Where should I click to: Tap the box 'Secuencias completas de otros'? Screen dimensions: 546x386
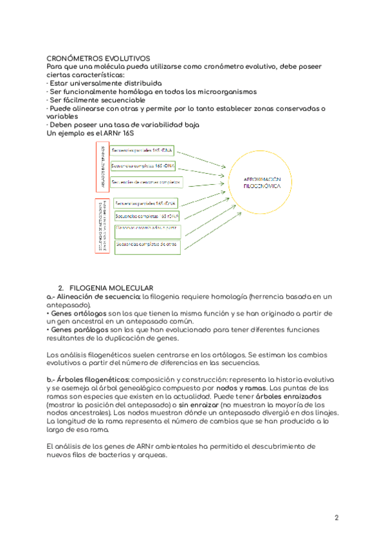point(147,245)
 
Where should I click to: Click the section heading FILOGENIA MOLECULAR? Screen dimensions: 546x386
point(110,287)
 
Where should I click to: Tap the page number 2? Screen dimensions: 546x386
point(336,517)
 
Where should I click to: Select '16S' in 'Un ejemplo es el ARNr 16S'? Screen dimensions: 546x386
point(134,133)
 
